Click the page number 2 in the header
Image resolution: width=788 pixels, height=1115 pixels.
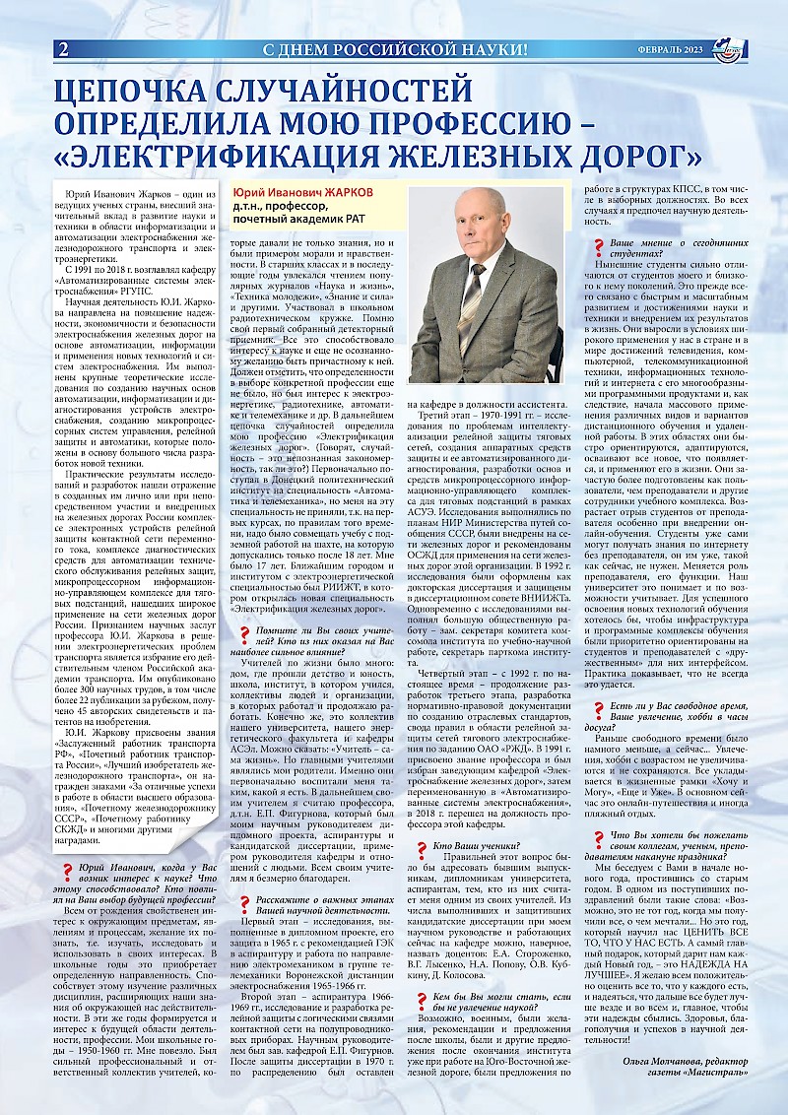(x=64, y=49)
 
